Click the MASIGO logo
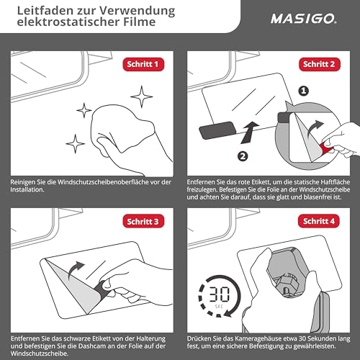[x=304, y=19]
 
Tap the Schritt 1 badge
[x=143, y=64]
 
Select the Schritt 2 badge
[x=320, y=64]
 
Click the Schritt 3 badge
[x=143, y=221]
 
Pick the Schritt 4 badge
[x=319, y=221]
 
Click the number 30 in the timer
[x=220, y=294]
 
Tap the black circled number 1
[x=304, y=91]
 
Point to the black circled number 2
[x=243, y=156]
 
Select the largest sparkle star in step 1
[x=142, y=96]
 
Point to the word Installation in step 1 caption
[x=27, y=189]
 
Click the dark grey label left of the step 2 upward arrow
[x=217, y=130]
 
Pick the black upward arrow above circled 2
[x=249, y=132]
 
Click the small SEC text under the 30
[x=219, y=307]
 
